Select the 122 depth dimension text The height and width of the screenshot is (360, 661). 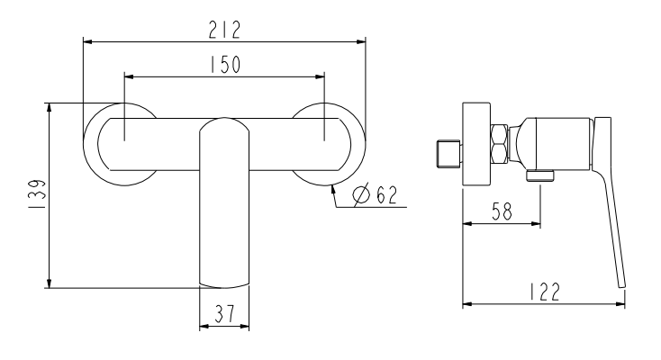(x=543, y=291)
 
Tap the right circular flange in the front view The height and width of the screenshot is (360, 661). (x=349, y=144)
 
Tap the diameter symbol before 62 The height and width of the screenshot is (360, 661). (x=361, y=195)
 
